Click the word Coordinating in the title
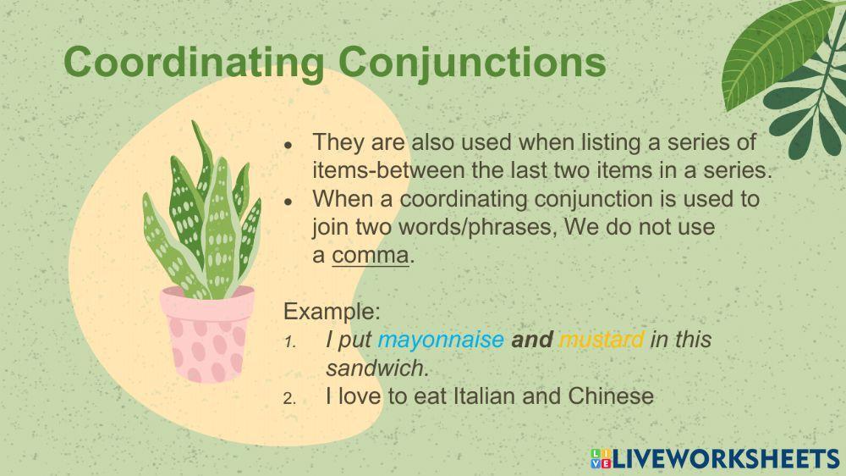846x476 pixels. click(194, 63)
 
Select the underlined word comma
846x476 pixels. click(371, 255)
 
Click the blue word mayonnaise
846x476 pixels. click(440, 340)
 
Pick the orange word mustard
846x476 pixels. click(602, 340)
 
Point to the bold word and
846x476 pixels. click(531, 340)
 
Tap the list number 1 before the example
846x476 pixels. click(289, 342)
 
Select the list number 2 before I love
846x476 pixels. click(289, 398)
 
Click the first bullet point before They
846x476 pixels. click(288, 145)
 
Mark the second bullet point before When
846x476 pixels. click(288, 202)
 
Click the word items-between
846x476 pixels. click(387, 169)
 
